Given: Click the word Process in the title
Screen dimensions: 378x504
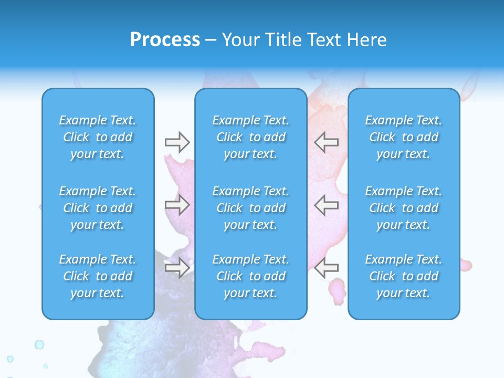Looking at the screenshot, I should point(165,40).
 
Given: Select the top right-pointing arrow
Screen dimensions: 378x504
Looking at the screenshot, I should point(177,142).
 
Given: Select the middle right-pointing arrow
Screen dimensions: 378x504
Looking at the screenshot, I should point(177,205).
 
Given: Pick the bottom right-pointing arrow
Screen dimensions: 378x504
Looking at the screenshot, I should point(177,268).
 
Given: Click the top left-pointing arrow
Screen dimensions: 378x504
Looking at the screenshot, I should point(327,142).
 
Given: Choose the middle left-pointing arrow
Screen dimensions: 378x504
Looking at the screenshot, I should point(327,205).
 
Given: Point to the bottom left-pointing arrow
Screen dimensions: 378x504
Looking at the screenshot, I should point(327,268).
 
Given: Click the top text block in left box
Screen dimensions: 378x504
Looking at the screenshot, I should point(98,137).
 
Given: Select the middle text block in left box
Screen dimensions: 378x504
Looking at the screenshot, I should point(98,208).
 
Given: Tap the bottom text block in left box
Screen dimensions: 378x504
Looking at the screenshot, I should point(98,276).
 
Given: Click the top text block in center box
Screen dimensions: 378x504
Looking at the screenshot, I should point(251,137).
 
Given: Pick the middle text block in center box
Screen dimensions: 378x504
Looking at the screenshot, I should point(251,208).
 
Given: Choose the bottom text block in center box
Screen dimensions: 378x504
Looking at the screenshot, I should point(251,276).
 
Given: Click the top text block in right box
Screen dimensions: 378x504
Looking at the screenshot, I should point(404,137).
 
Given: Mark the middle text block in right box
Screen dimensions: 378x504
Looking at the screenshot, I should point(404,208).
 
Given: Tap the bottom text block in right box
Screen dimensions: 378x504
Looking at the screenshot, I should point(404,276).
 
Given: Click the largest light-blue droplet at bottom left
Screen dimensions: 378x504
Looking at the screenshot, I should point(39,344).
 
